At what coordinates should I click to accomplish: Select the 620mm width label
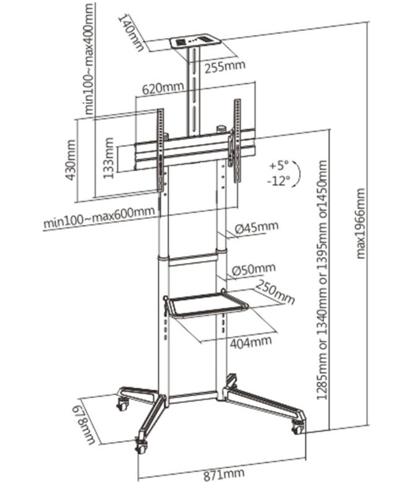click(x=163, y=88)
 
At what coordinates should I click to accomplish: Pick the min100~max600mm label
click(x=98, y=217)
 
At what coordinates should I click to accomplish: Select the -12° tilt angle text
click(x=280, y=181)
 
